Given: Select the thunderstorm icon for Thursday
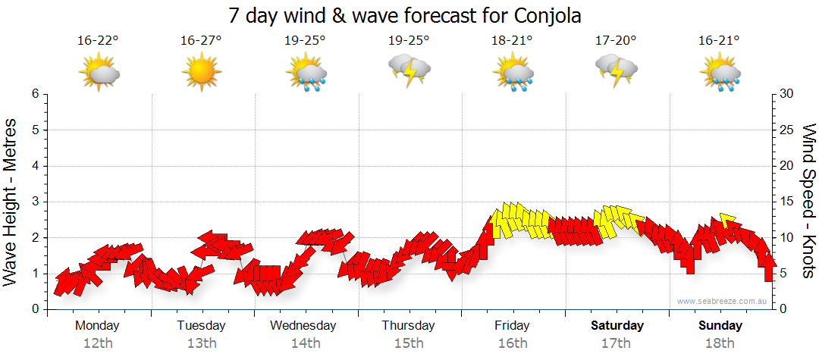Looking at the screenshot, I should pos(409,70).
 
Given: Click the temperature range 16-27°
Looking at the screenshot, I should pos(201,40).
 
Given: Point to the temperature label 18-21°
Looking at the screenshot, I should pos(512,40).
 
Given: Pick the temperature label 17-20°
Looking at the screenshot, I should pos(616,40).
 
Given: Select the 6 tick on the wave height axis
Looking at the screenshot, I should pos(35,94).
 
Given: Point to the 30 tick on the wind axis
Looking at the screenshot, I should pos(786,94).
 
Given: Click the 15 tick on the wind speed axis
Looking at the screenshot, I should pos(786,202).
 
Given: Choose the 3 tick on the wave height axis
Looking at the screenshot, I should pos(35,202).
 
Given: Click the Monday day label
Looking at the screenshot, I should pos(97,326).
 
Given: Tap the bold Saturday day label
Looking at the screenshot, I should pos(617,326).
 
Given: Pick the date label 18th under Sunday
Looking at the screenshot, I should pos(720,343).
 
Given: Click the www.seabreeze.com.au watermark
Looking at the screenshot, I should pos(723,301).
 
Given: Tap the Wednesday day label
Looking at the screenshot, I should pos(303,326).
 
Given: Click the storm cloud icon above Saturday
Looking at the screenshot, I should pos(616,70).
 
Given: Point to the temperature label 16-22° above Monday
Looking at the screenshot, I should pos(98,40).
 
